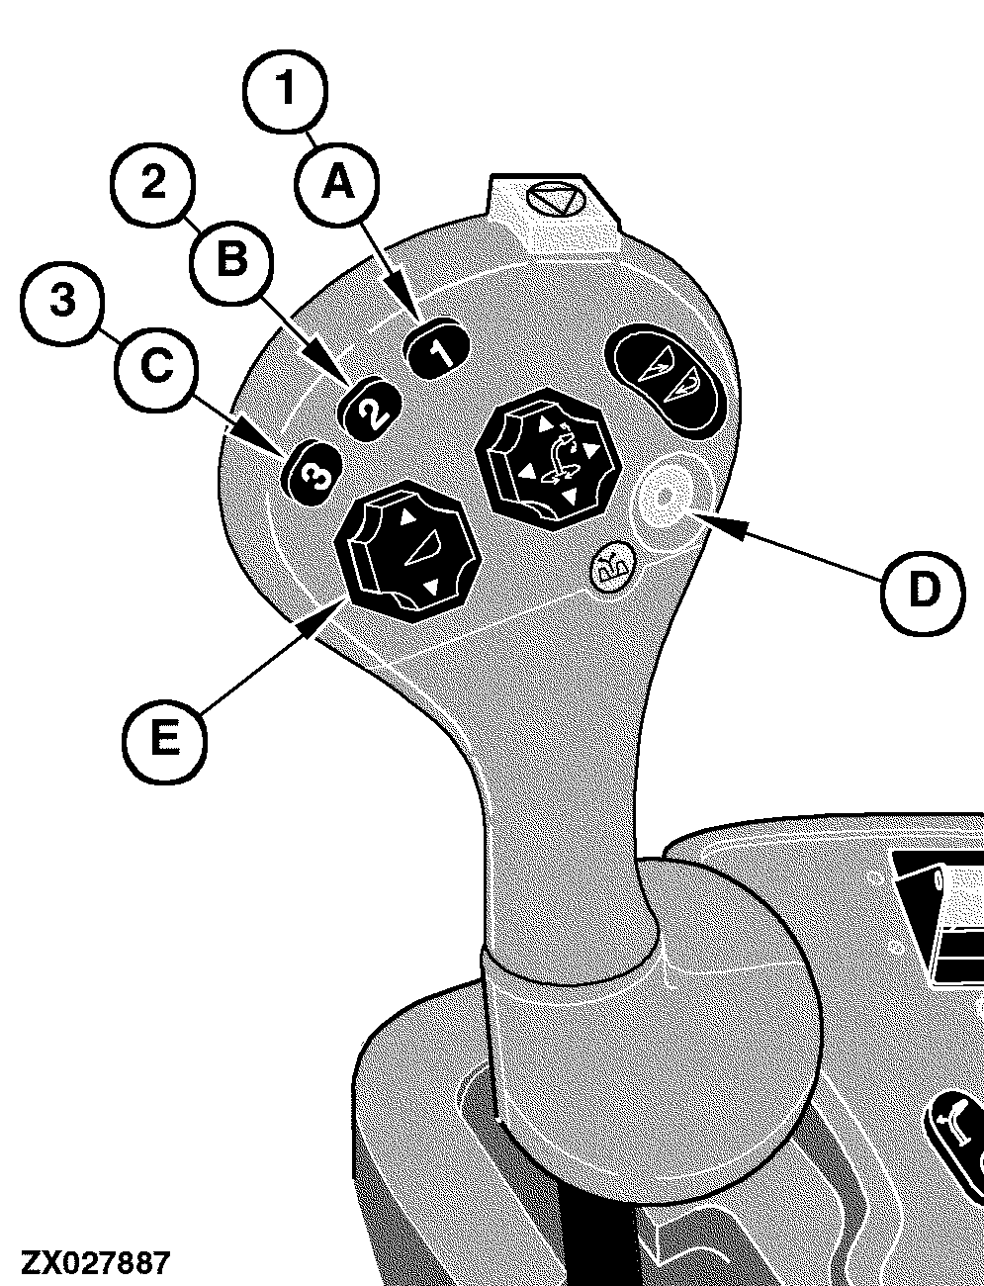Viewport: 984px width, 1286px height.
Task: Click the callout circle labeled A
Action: click(x=338, y=183)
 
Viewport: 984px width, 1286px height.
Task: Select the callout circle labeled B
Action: click(x=232, y=261)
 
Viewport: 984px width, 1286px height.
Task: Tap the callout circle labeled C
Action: click(x=157, y=368)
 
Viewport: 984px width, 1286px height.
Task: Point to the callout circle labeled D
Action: click(x=923, y=592)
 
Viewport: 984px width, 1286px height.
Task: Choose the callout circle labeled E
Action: click(x=164, y=741)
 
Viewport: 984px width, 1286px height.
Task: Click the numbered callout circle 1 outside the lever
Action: click(x=286, y=90)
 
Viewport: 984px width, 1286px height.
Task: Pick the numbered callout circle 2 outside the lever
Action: click(x=153, y=183)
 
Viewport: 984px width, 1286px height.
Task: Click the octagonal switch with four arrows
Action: click(x=547, y=460)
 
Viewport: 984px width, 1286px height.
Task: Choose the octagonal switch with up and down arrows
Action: click(x=407, y=551)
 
